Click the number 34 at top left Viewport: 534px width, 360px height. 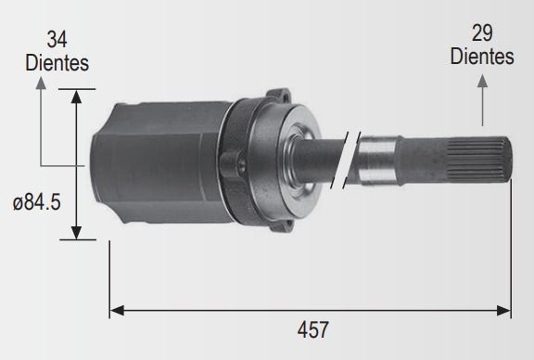(57, 40)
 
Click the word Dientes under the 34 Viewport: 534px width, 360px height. (57, 63)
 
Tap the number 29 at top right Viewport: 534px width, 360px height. (482, 33)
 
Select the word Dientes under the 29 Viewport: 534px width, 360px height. (482, 56)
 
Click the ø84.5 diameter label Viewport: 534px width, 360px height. (37, 202)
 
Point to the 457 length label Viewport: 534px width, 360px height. (313, 329)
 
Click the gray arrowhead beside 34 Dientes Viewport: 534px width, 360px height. (41, 84)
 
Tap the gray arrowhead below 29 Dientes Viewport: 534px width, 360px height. (482, 81)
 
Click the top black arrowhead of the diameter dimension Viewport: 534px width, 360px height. (77, 96)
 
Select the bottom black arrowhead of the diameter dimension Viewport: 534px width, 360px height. (77, 233)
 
